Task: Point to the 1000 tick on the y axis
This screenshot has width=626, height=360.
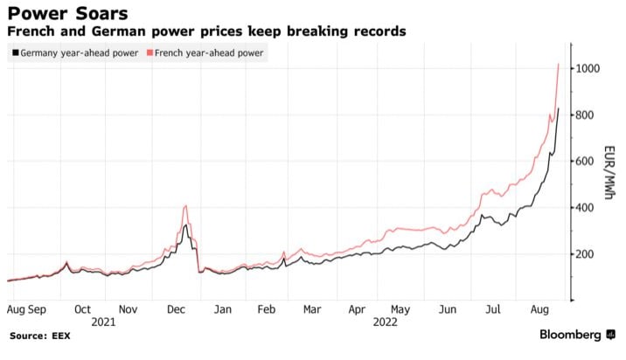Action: pos(588,69)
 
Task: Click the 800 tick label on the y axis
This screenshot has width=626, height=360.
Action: pos(585,115)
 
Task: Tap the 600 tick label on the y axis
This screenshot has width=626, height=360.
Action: pos(585,162)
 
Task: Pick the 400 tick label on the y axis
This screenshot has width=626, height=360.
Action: pos(585,208)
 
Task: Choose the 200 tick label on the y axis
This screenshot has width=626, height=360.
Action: pos(585,254)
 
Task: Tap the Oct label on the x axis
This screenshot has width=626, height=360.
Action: pos(83,309)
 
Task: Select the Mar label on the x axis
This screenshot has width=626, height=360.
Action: pos(311,309)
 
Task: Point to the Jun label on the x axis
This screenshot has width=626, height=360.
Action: pos(447,309)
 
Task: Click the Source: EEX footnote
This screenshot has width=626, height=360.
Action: pos(41,336)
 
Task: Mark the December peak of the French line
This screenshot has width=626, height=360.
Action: pos(185,206)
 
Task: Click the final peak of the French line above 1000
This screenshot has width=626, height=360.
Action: pos(559,64)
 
